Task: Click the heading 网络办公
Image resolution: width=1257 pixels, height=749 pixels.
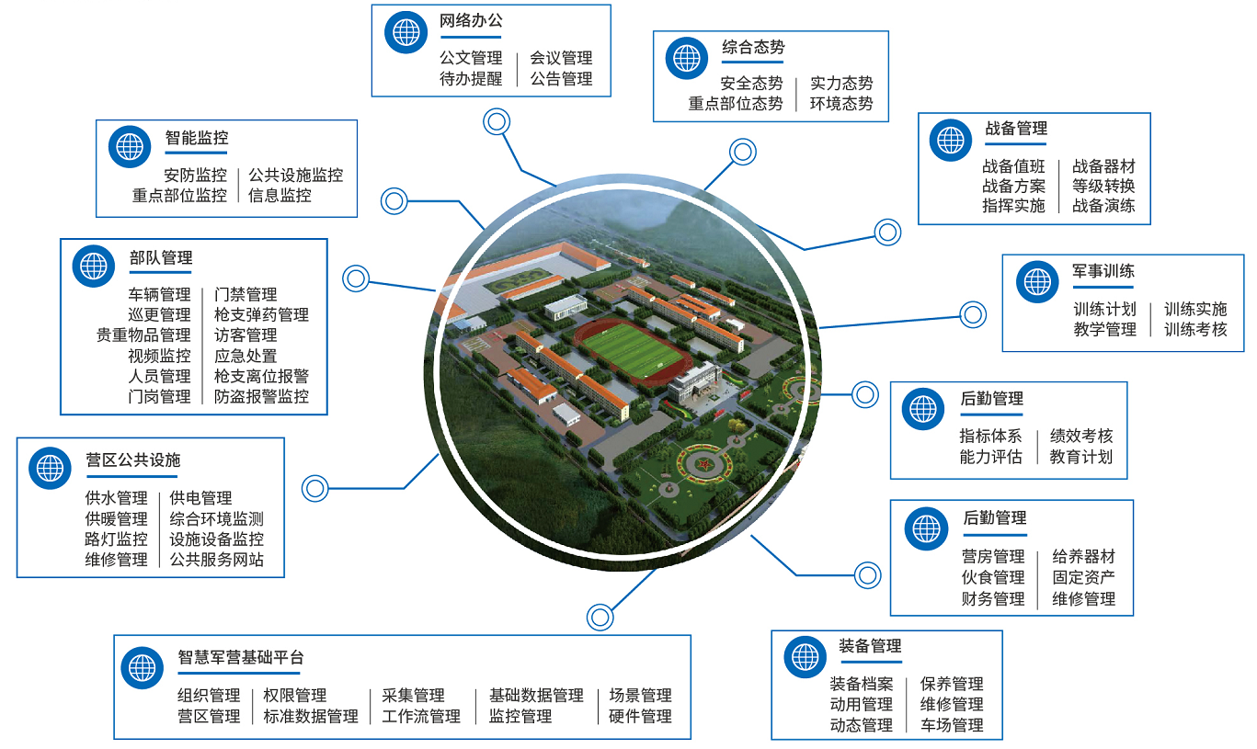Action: [x=471, y=20]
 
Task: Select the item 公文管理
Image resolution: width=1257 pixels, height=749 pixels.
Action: [x=471, y=58]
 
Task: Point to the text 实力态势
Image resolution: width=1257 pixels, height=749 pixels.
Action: [x=841, y=84]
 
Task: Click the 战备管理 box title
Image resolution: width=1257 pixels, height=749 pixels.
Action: [x=1015, y=129]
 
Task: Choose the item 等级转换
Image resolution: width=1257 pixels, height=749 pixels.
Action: [x=1103, y=186]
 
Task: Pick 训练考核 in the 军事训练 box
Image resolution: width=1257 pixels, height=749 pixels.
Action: [x=1195, y=329]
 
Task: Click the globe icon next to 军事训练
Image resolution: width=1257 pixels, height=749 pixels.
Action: [x=1038, y=281]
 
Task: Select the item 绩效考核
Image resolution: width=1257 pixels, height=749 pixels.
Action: [x=1081, y=436]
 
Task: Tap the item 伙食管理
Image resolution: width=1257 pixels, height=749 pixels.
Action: [x=993, y=577]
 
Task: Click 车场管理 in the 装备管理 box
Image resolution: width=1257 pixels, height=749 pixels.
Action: [x=952, y=725]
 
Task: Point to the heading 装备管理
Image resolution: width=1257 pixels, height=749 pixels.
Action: [x=870, y=646]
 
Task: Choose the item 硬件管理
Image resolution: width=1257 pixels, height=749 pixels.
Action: [x=640, y=716]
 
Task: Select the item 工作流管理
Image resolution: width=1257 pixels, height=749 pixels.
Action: [x=421, y=716]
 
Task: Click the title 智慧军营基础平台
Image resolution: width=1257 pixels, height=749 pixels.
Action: [x=241, y=658]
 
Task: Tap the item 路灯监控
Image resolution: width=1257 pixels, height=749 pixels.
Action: [x=116, y=539]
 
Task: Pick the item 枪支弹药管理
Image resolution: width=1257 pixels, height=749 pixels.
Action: [x=261, y=315]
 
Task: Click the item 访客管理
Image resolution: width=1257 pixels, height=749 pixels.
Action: [x=246, y=335]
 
